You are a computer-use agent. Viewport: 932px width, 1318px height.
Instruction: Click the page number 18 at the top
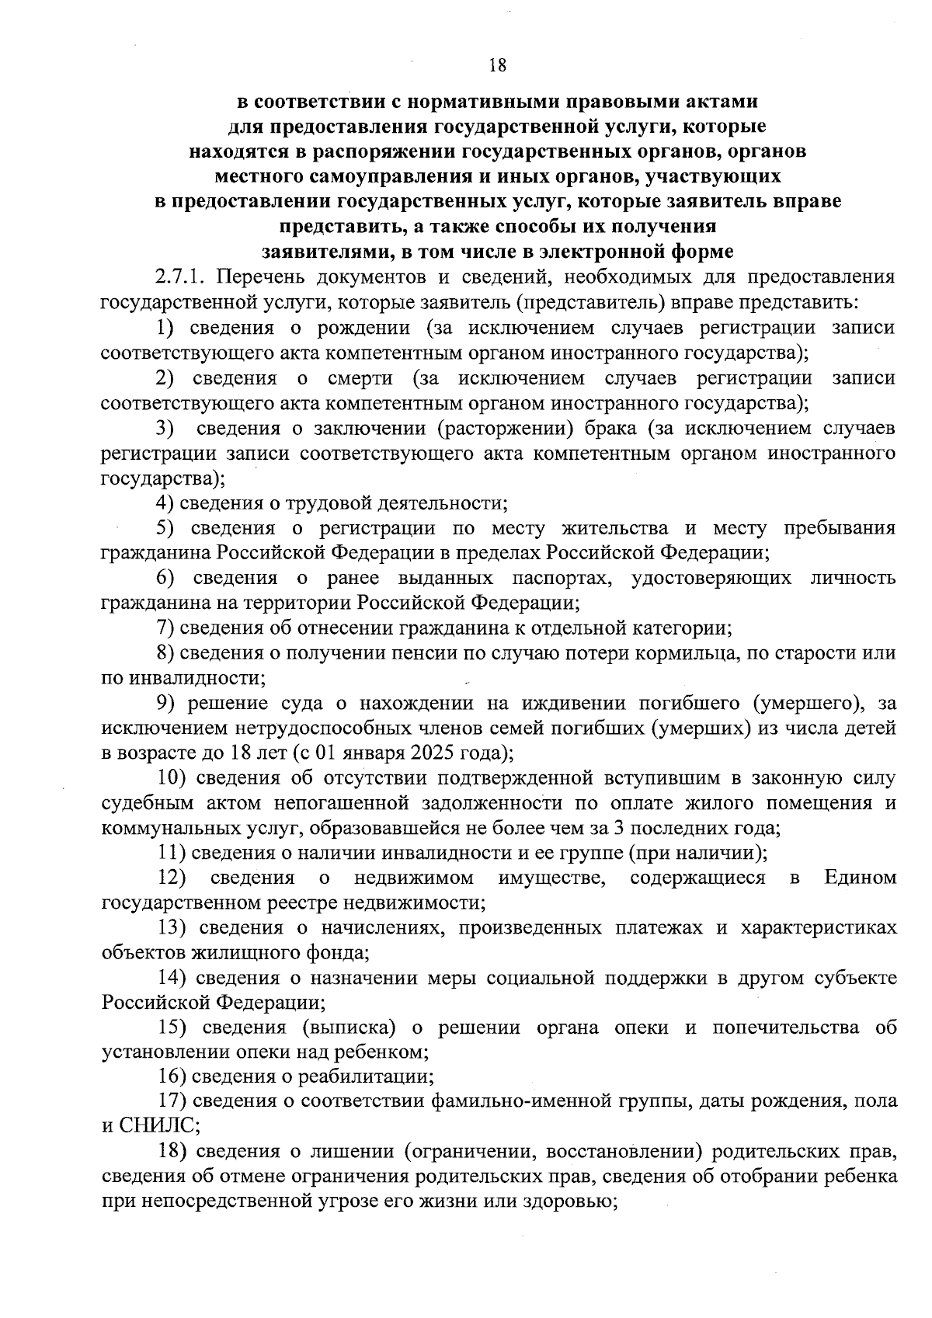click(x=498, y=65)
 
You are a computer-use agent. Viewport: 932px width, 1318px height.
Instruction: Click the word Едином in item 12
click(x=860, y=877)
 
